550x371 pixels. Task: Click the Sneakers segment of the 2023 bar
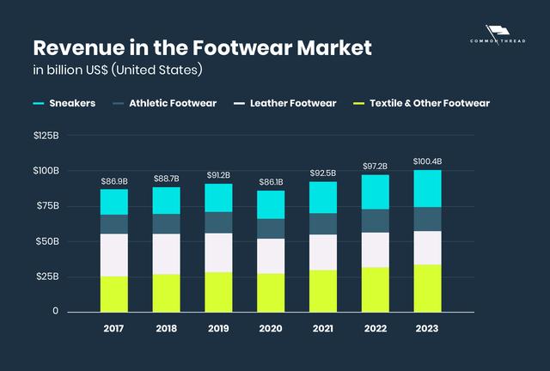point(427,189)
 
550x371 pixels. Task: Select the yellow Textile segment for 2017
point(114,294)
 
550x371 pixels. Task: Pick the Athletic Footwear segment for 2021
point(323,223)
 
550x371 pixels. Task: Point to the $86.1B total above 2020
point(271,183)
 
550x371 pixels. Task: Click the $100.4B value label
point(427,161)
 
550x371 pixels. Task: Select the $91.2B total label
point(218,175)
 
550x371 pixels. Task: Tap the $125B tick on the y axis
point(46,136)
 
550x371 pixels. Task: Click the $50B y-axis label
point(46,241)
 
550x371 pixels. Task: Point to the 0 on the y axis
point(55,311)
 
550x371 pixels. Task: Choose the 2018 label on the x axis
point(167,327)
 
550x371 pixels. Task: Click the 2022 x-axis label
point(375,327)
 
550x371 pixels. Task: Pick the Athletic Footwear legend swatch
point(119,104)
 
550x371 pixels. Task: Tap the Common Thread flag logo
point(498,32)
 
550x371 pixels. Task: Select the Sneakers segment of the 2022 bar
point(375,192)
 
